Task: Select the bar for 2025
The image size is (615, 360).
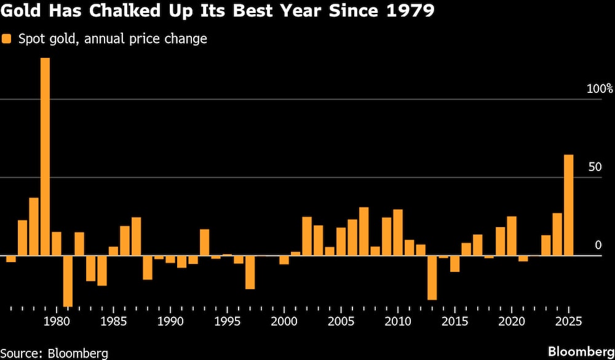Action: [x=569, y=205]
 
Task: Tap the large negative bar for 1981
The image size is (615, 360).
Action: [x=68, y=281]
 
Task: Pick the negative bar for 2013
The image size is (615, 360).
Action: [x=432, y=278]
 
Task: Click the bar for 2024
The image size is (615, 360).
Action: [x=557, y=234]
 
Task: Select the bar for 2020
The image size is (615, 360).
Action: [x=512, y=236]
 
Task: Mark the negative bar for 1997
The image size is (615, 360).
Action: [x=250, y=272]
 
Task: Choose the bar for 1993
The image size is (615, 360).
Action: [x=204, y=242]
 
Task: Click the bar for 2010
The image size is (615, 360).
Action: [x=398, y=233]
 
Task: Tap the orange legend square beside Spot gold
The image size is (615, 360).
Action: [x=7, y=39]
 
